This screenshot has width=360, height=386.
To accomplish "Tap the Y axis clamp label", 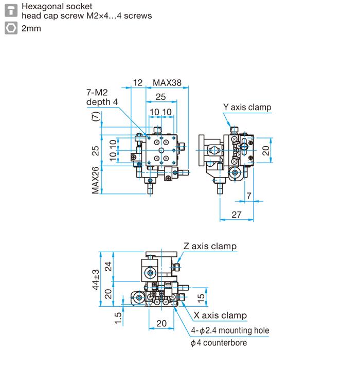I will point(247,108).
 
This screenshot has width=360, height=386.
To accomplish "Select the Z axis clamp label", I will point(210,246).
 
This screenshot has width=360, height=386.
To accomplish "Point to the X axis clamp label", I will point(220,315).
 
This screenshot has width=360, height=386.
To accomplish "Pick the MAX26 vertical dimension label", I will point(96,180).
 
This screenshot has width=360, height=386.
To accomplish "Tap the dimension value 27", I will point(236,215).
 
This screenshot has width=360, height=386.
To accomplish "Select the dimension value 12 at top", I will point(138,83).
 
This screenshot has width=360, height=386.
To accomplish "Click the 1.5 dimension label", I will point(118,319).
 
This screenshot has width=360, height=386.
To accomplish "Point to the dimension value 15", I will point(202,296).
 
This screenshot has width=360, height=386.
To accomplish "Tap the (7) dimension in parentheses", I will point(96,118).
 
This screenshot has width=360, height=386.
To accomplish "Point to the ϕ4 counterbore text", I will point(219,343).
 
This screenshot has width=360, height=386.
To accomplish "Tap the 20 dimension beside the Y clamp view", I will point(265,150).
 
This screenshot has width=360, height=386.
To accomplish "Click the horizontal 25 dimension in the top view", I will point(160,97).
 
